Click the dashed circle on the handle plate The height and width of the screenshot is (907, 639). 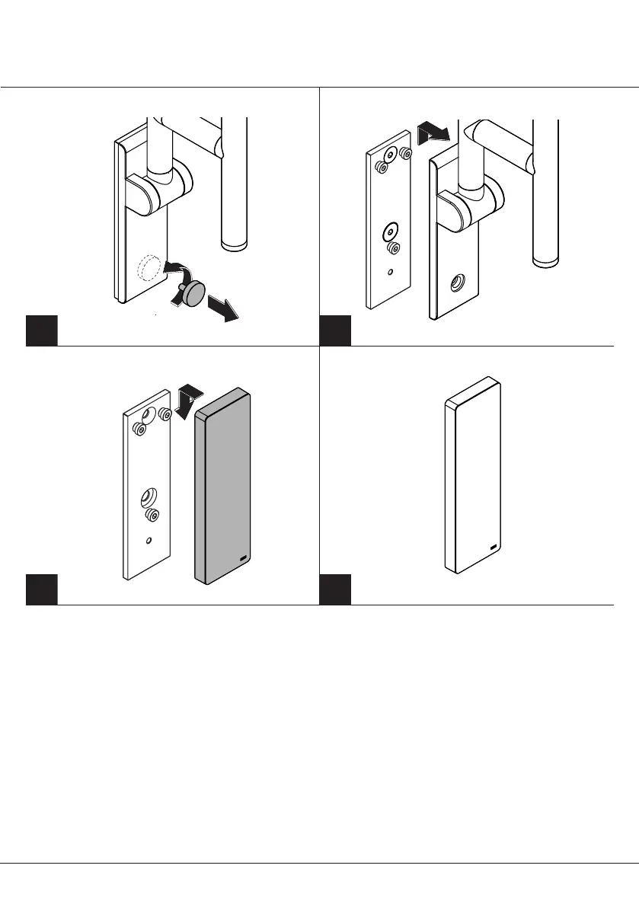coord(149,268)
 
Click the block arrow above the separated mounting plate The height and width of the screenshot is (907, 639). coord(432,136)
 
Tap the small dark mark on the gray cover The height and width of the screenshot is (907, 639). coord(243,560)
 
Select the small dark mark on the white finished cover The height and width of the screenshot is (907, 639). coord(493,546)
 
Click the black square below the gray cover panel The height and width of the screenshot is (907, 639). coord(42,589)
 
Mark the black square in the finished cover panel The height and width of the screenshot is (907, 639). coord(334,589)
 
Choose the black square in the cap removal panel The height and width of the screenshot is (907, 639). coord(42,331)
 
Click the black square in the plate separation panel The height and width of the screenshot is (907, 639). coord(334,331)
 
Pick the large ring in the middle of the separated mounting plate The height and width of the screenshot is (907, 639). coord(391,229)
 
